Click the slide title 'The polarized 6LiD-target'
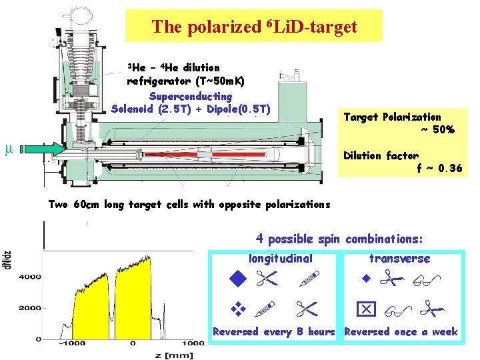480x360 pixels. coord(254,27)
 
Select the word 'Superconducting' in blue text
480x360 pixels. coord(191,96)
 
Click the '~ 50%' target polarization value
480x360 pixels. coord(437,129)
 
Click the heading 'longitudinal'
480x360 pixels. coord(280,258)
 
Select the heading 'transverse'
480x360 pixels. coord(399,258)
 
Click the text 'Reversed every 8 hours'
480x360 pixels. coord(273,331)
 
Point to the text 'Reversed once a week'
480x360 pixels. coord(401,331)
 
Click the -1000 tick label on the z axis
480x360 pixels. coord(73,343)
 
